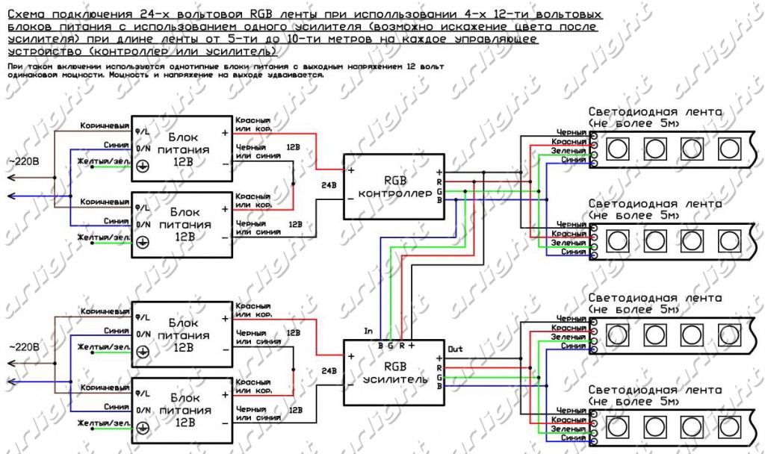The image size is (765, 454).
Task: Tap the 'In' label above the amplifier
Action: tap(368, 330)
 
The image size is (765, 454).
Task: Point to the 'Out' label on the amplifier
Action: tap(455, 349)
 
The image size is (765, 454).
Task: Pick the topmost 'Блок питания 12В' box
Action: tap(182, 148)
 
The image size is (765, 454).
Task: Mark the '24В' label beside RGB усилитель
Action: tap(329, 370)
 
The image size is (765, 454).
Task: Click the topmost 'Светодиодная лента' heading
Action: tap(655, 112)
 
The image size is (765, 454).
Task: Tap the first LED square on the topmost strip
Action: tap(617, 148)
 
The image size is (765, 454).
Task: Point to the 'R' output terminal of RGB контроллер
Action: tap(440, 181)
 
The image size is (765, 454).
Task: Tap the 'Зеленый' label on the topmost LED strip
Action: tap(570, 151)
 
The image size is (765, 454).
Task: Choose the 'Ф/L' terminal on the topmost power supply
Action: tap(141, 131)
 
